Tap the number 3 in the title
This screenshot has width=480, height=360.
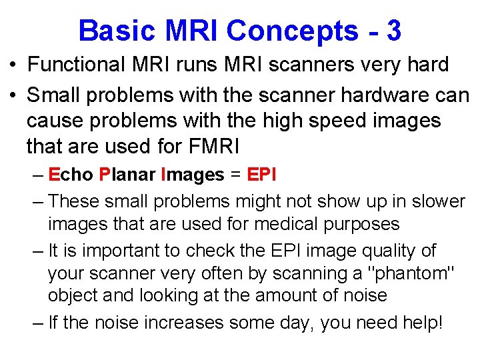pos(393,31)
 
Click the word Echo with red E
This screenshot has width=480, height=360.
pos(71,175)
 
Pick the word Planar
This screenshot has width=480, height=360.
pos(127,175)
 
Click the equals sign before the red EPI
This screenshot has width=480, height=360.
pos(235,175)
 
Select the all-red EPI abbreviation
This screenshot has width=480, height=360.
pos(262,175)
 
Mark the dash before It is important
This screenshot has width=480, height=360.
pos(37,251)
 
